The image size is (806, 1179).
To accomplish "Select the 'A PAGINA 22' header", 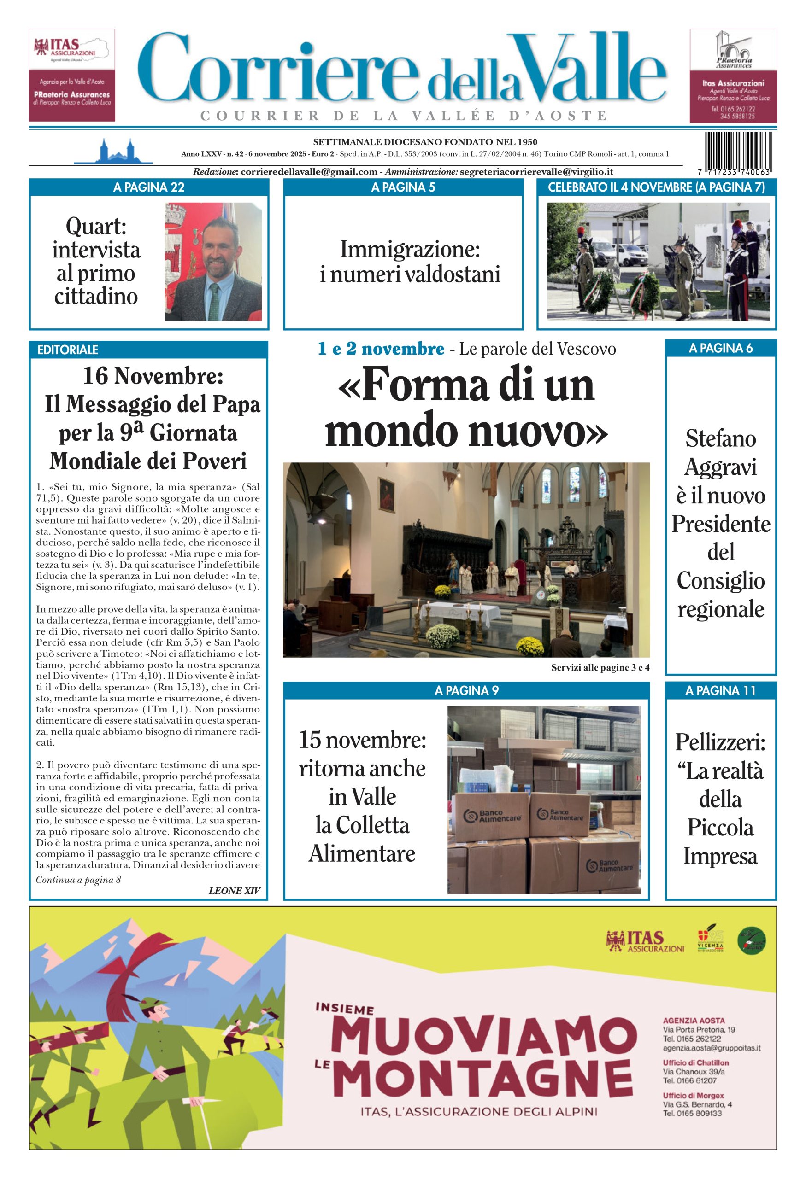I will pyautogui.click(x=149, y=187).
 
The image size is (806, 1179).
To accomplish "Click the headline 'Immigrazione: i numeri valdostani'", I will pyautogui.click(x=410, y=261).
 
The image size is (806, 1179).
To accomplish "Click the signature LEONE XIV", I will pyautogui.click(x=234, y=890).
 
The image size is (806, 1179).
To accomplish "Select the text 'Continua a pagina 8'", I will pyautogui.click(x=78, y=879).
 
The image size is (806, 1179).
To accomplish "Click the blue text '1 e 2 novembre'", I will pyautogui.click(x=381, y=349).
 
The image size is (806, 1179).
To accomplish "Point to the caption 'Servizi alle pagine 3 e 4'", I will pyautogui.click(x=600, y=668).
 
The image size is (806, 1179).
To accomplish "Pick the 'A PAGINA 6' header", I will pyautogui.click(x=720, y=348).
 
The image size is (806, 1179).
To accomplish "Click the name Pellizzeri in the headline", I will pyautogui.click(x=720, y=743).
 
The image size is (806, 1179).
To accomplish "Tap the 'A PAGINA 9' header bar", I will pyautogui.click(x=466, y=690).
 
